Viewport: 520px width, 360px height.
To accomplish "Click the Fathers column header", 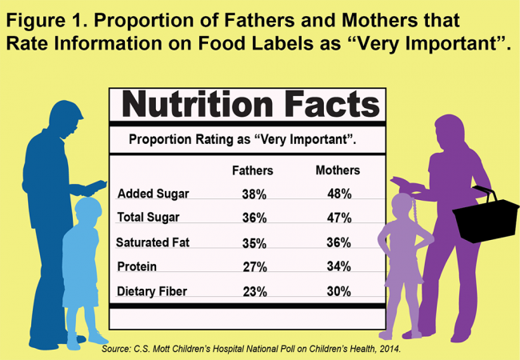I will pos(252,170).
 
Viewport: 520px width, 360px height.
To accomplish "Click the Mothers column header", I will pos(338,170).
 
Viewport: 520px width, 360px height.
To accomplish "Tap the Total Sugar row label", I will pos(148,217).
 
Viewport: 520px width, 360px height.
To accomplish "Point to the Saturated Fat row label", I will pos(153,242).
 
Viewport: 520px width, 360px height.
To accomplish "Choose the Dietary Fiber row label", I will pos(151,291).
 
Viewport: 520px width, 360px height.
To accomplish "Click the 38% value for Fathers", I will pos(254,194).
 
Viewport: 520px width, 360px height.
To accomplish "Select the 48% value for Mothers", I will pos(339,194).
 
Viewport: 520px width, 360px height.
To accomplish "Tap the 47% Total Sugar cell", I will pos(339,218).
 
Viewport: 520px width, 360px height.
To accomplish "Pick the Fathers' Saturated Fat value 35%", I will pos(254,242).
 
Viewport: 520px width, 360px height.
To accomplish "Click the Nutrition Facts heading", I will pos(250,104).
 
